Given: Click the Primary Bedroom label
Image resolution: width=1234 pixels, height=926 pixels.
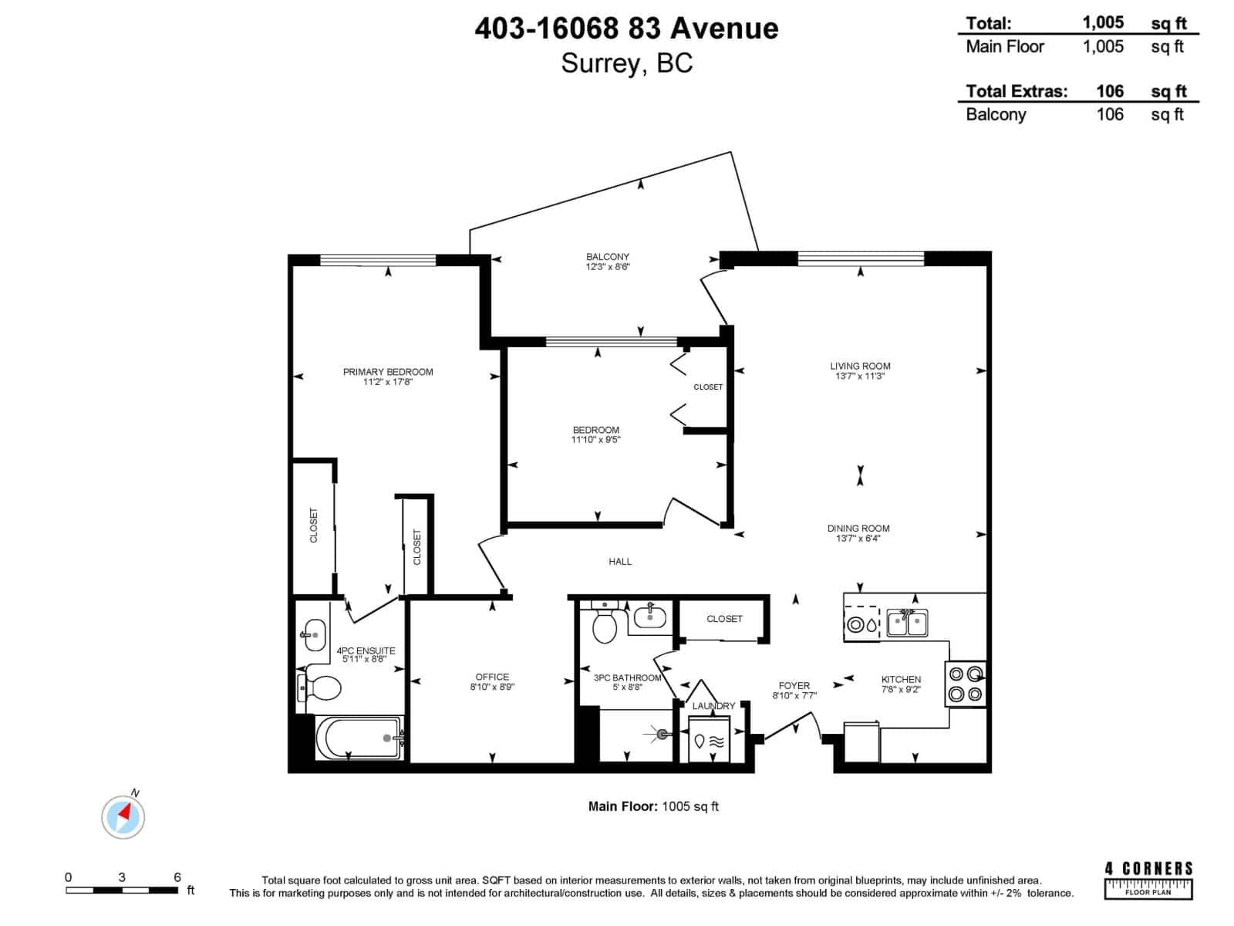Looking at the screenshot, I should click(388, 371).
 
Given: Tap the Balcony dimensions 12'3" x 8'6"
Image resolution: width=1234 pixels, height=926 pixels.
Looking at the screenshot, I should click(608, 267).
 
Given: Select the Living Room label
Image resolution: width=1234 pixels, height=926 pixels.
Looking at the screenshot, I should click(860, 366).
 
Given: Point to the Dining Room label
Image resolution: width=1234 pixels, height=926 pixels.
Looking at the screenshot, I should click(858, 528).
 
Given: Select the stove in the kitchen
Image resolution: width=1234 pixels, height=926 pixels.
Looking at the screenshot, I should click(966, 683).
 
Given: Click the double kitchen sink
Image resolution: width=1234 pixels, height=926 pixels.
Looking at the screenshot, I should click(907, 623).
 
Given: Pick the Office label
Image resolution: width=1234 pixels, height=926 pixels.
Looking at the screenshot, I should click(492, 677).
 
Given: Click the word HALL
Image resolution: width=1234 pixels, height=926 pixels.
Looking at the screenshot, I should click(620, 562).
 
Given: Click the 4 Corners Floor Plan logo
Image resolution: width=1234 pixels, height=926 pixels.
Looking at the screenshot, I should click(1148, 880).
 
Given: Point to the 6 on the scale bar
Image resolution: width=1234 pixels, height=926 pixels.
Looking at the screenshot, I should click(177, 877).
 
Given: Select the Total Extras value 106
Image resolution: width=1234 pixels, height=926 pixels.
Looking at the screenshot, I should click(1110, 91).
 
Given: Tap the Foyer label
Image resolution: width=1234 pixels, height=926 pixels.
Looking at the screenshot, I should click(794, 685).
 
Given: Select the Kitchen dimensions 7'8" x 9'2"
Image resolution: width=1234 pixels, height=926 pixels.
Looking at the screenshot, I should click(901, 690).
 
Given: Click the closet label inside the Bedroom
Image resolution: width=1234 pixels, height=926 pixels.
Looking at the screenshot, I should click(708, 387).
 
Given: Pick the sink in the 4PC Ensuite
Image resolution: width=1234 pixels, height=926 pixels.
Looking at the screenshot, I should click(312, 634).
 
